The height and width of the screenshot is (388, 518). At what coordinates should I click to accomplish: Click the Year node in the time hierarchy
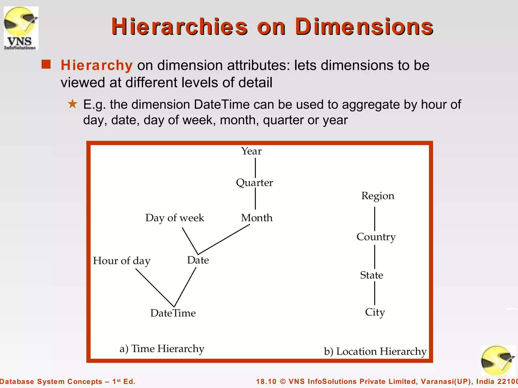coord(251,151)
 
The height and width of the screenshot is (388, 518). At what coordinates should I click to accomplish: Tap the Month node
coord(257,218)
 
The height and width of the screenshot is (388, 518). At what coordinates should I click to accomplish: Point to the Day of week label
coord(175,218)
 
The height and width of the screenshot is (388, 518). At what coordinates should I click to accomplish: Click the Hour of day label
coord(122,261)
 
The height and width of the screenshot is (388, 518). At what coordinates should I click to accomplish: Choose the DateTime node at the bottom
coord(173,313)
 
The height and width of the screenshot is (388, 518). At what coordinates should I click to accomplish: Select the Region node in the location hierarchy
coord(378,196)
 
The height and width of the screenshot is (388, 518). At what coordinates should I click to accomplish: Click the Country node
coord(376,237)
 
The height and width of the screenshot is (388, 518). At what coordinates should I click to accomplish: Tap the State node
coord(372,275)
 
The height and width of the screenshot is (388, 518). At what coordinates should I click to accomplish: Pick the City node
coord(375,312)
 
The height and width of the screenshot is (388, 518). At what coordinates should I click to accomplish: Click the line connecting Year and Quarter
coord(255,168)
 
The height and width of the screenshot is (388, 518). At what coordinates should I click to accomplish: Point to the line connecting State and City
coord(375,293)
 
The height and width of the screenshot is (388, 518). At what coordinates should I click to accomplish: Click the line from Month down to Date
coord(224,239)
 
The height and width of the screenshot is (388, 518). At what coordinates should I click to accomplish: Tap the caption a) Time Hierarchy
coord(162,349)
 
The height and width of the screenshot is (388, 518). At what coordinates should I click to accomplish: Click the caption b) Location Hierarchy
coord(375,352)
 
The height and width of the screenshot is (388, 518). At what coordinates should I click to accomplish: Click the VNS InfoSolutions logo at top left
coord(21,28)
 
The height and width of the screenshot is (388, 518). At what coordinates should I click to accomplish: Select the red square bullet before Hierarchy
coord(46,64)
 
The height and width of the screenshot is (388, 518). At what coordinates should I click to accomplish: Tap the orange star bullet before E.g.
coord(73,104)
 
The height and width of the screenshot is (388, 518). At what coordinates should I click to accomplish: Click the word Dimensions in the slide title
coord(364,27)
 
